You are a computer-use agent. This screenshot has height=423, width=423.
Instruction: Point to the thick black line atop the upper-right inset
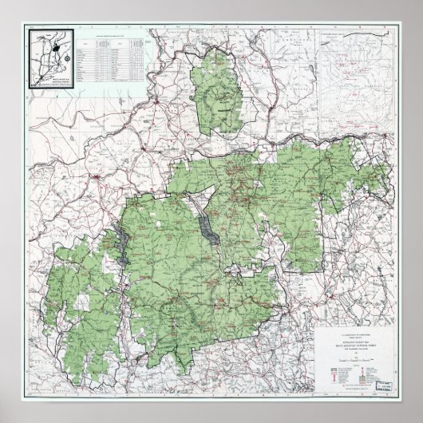pyautogui.click(x=356, y=34)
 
